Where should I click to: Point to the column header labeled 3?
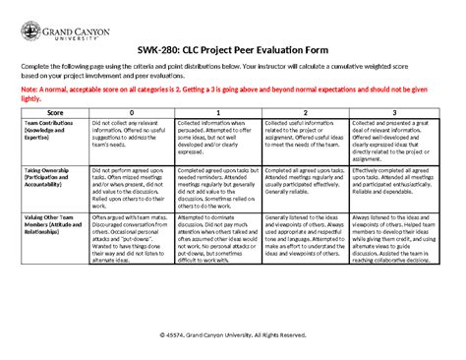pos(392,113)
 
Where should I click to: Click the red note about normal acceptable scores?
pos(232,91)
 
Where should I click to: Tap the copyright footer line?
pos(232,335)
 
